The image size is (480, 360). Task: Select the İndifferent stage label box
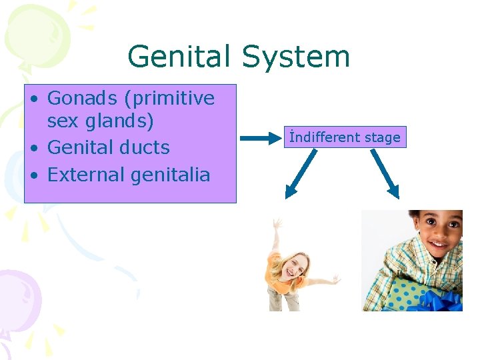345,137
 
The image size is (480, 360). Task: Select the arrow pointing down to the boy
385,173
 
